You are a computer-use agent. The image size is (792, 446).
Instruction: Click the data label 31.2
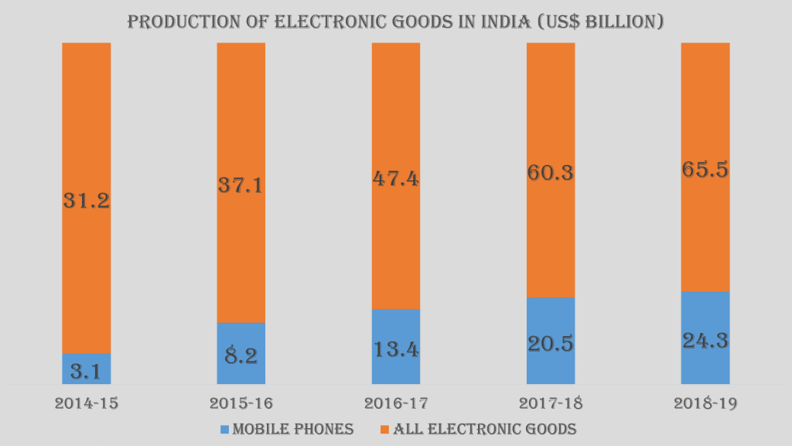[x=86, y=201]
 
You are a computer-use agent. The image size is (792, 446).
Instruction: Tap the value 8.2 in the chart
[x=241, y=356]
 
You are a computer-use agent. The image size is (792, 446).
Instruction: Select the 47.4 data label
[x=395, y=179]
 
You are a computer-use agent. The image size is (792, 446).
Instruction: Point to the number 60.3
[x=550, y=172]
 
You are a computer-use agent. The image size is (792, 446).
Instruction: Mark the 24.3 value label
[x=705, y=340]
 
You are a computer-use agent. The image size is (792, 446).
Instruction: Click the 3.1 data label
[x=86, y=372]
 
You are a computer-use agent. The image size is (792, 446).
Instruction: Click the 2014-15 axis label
[x=86, y=403]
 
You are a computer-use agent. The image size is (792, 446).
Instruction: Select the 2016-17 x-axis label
[x=395, y=403]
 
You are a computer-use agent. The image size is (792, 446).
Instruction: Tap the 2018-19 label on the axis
[x=705, y=403]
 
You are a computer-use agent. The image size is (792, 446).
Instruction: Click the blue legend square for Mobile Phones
[x=225, y=428]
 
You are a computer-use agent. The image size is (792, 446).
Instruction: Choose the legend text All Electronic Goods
[x=485, y=428]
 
